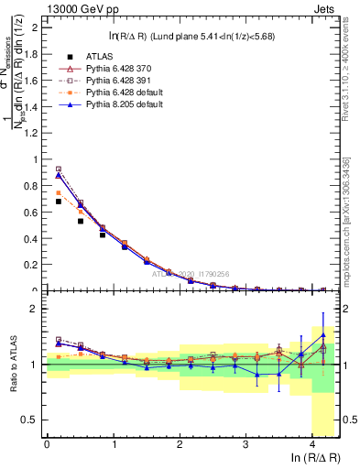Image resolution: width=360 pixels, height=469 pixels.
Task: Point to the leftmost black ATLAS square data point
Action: point(59,201)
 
